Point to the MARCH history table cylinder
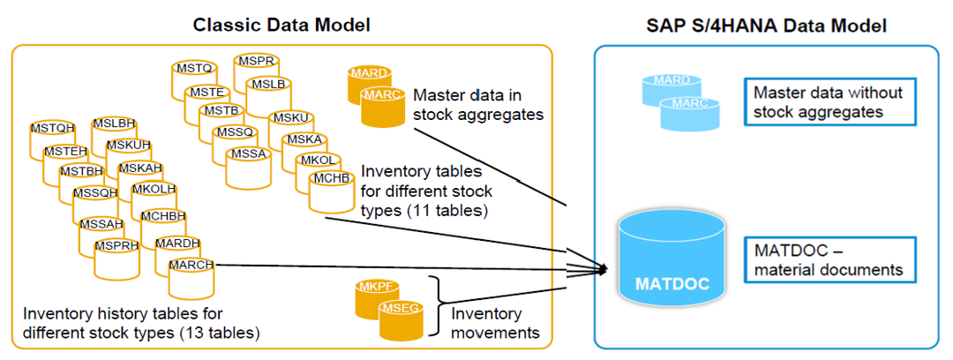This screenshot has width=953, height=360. (x=190, y=274)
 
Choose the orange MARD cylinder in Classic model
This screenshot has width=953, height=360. (x=369, y=82)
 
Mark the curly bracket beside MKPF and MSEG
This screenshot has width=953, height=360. (x=434, y=308)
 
